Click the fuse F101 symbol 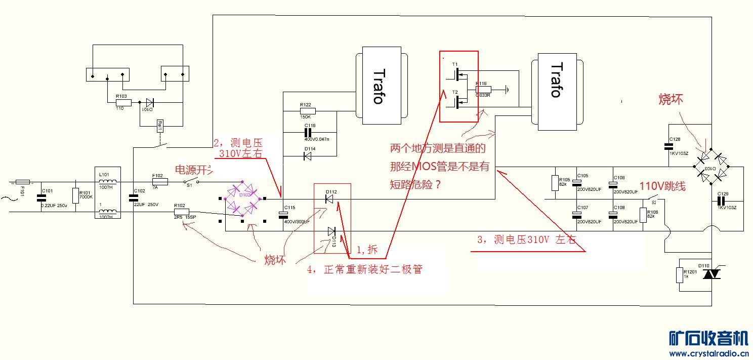[x=23, y=181]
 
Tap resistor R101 [x=76, y=196]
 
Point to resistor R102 [x=181, y=212]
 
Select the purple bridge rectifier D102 [x=242, y=197]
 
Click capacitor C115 [x=283, y=214]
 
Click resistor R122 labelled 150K [x=308, y=111]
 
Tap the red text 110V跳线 [x=663, y=186]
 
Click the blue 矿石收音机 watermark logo [x=708, y=338]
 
